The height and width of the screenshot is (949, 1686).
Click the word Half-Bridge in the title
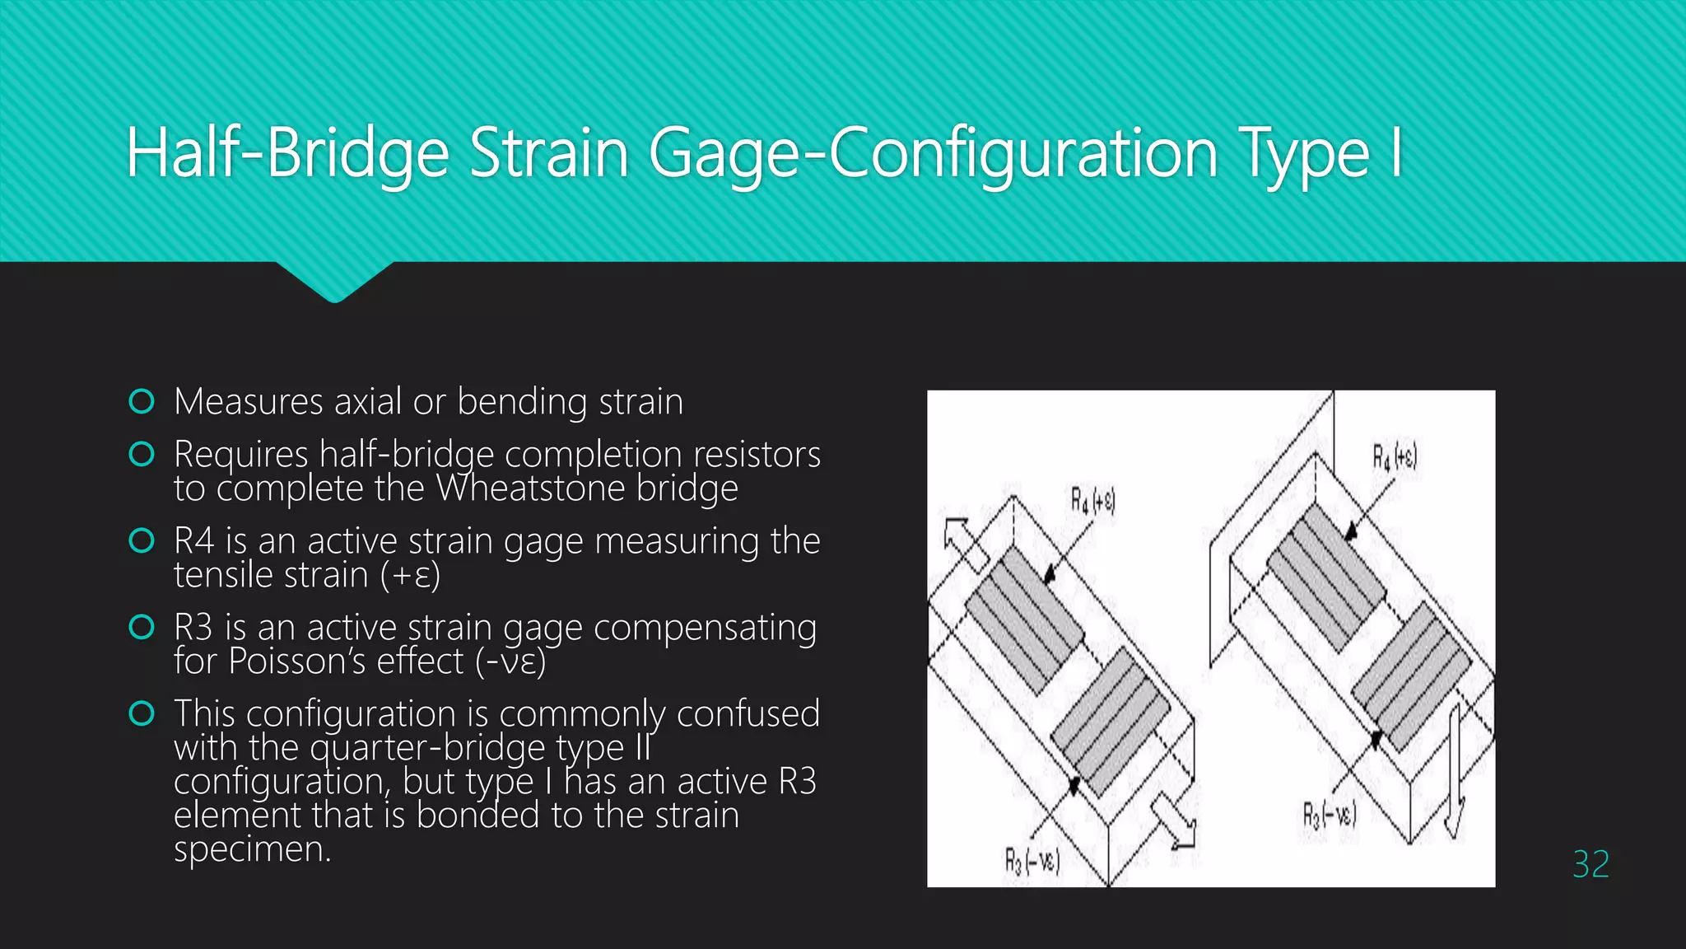[x=287, y=153]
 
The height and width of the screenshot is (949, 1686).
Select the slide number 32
[x=1590, y=864]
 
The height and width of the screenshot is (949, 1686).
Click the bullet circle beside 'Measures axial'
[x=142, y=401]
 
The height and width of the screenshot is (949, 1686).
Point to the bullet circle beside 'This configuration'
[x=142, y=713]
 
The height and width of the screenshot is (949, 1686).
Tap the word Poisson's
[x=345, y=661]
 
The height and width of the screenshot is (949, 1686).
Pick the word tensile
[x=229, y=574]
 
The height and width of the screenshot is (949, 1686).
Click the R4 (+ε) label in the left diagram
[x=1092, y=500]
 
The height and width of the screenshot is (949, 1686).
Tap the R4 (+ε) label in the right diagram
[x=1394, y=456]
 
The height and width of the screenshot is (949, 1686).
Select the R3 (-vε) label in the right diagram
[x=1329, y=815]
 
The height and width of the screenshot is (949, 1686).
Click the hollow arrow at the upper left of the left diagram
[x=965, y=544]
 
